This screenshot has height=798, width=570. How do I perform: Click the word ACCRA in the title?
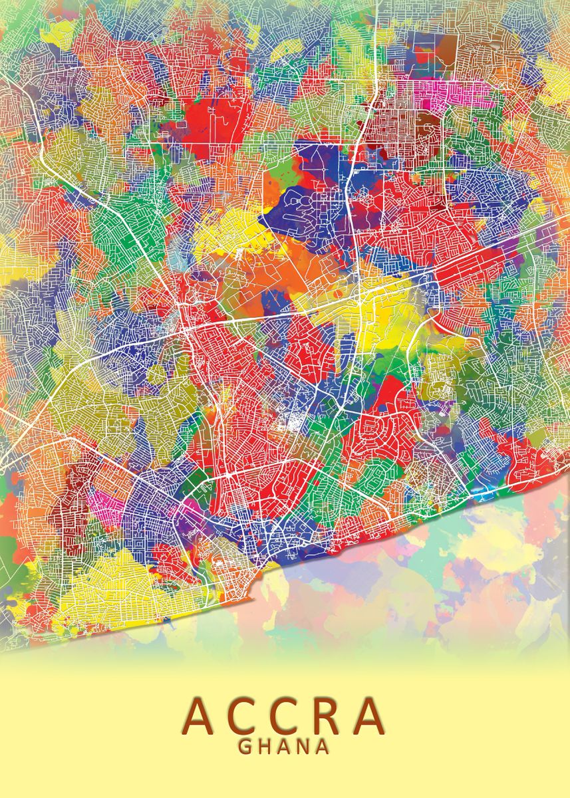coord(285,714)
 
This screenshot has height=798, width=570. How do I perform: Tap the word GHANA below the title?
coord(285,746)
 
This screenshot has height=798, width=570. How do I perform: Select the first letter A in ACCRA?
coord(200,714)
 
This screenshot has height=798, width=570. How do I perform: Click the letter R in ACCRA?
coord(329,714)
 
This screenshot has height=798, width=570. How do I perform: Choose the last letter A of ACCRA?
coord(370,714)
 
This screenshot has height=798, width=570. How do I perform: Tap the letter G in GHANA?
coord(245,746)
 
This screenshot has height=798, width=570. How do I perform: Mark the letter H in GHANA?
coord(265,746)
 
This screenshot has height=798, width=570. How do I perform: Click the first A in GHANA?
coord(285,746)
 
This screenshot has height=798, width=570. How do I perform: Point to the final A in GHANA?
coord(323,746)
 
